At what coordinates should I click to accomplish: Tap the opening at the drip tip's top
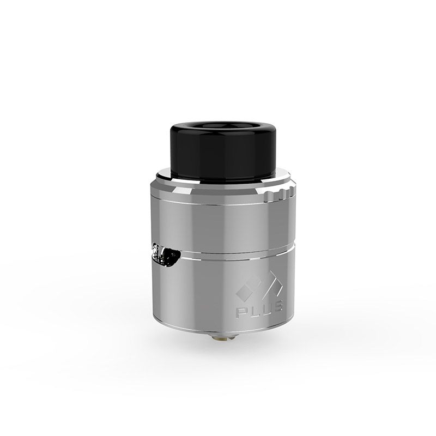222,126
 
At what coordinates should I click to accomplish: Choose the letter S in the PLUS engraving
277,305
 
